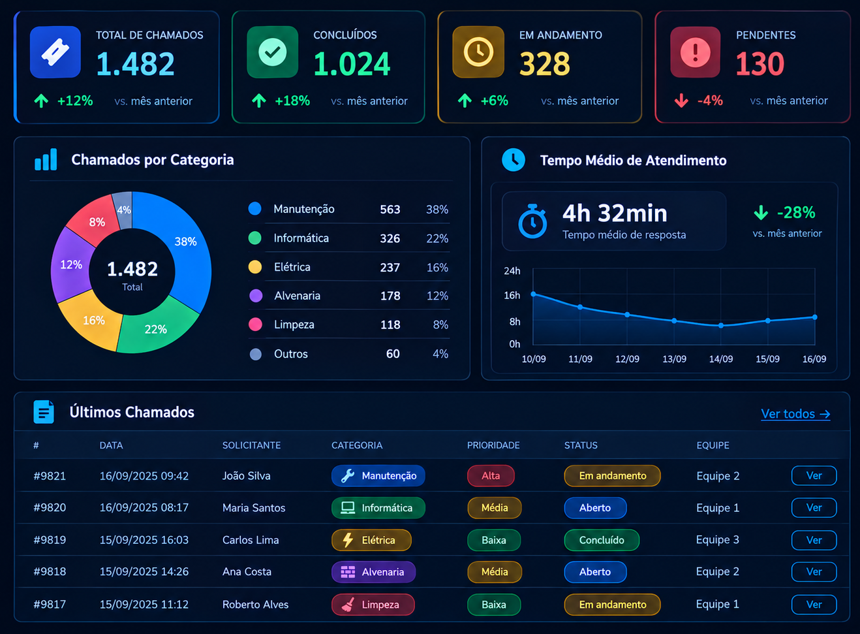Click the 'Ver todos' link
coord(795,414)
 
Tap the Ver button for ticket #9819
coord(814,540)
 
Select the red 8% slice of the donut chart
coord(94,221)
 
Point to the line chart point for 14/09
coord(721,325)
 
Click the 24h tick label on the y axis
coord(512,271)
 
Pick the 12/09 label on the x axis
coord(627,359)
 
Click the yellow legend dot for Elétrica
coord(255,266)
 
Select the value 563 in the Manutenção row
coord(390,210)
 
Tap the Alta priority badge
coord(491,476)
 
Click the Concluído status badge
coord(602,540)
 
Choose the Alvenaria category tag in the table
coord(374,572)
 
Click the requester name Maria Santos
coord(254,507)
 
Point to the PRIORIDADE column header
coord(493,445)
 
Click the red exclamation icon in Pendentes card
coord(695,52)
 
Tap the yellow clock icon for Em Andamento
coord(478,52)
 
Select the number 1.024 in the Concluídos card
coord(352,64)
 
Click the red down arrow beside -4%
coord(681,101)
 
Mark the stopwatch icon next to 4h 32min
coord(532,221)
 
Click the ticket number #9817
coord(50,605)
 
